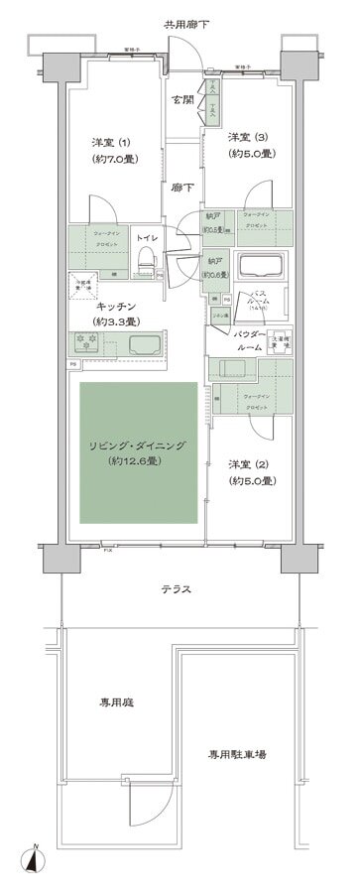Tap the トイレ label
click(x=145, y=239)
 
